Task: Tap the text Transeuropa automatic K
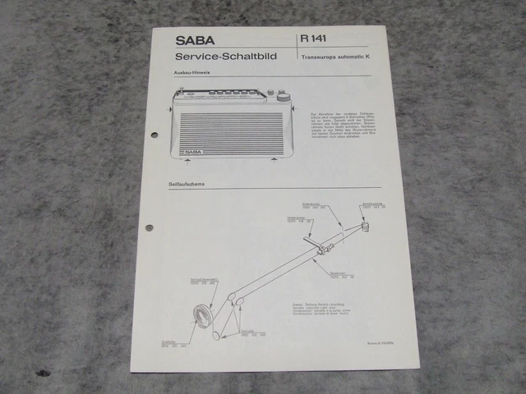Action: pyautogui.click(x=335, y=57)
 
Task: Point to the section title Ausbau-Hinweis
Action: pyautogui.click(x=190, y=74)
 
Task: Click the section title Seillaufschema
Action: pyautogui.click(x=187, y=185)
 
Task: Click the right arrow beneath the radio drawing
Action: pyautogui.click(x=273, y=163)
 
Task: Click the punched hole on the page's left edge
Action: pyautogui.click(x=150, y=226)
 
